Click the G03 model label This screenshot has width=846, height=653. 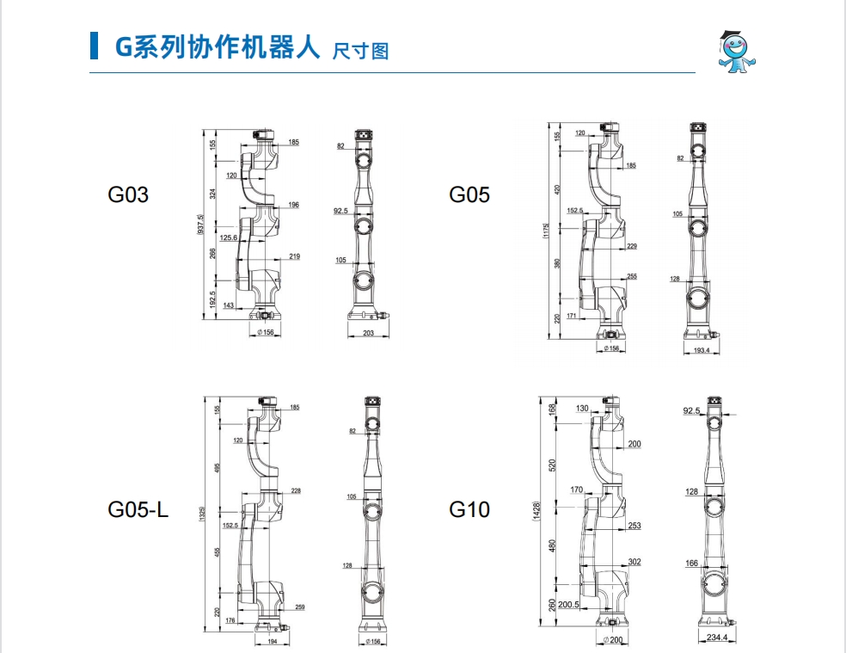(x=128, y=194)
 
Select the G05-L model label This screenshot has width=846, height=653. (x=138, y=509)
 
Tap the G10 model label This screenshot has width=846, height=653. (x=469, y=509)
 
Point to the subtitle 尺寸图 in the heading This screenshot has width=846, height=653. (x=360, y=51)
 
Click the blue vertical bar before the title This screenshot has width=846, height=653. (x=94, y=46)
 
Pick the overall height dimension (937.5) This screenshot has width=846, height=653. (x=200, y=225)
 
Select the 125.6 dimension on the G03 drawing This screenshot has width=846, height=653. (x=229, y=237)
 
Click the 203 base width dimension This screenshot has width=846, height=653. (x=368, y=334)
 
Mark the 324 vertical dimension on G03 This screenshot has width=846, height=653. (x=214, y=195)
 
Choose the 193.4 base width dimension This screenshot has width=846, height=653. (x=701, y=351)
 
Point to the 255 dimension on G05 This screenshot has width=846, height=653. (x=632, y=276)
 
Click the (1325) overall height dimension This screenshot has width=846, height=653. (x=200, y=514)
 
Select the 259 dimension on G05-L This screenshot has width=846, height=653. (x=299, y=607)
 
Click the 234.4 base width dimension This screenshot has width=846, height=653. (x=716, y=638)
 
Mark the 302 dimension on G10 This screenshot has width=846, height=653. (x=634, y=562)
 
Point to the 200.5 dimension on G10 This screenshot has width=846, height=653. (x=567, y=604)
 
